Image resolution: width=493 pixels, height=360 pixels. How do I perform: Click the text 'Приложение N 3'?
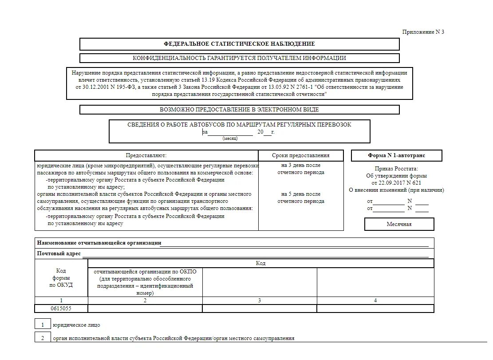click(x=423, y=32)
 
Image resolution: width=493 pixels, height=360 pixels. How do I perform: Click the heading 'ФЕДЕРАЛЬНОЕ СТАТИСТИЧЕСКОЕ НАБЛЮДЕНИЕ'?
click(x=239, y=44)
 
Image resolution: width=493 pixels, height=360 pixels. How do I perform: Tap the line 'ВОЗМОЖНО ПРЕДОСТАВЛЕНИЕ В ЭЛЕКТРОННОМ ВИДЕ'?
click(x=239, y=110)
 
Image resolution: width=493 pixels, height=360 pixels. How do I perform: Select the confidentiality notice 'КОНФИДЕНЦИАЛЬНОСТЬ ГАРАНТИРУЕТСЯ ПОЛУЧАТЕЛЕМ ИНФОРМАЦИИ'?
click(x=239, y=58)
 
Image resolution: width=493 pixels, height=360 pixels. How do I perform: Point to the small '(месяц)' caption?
click(x=230, y=138)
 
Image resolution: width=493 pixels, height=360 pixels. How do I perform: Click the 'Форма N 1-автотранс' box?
click(x=396, y=155)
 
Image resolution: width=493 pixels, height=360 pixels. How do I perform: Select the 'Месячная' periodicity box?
click(x=399, y=224)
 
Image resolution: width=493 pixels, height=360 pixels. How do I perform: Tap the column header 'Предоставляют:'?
click(x=146, y=155)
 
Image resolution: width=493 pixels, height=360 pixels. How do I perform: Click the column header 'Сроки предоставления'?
click(x=300, y=155)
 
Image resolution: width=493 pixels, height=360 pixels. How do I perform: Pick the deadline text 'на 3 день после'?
click(x=300, y=165)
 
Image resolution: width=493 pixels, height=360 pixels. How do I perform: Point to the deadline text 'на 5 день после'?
click(x=300, y=194)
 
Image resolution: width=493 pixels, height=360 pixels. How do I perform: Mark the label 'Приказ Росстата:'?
click(x=396, y=169)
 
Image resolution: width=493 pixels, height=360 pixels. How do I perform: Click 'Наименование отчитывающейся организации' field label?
click(x=99, y=243)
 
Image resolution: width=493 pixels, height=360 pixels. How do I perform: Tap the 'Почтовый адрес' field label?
click(x=59, y=253)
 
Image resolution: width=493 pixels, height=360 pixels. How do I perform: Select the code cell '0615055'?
click(x=61, y=309)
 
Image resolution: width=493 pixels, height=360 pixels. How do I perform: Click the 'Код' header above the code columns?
click(x=260, y=263)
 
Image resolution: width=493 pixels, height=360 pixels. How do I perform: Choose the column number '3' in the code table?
click(x=260, y=301)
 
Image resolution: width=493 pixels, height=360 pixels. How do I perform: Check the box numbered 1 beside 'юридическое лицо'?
click(x=43, y=324)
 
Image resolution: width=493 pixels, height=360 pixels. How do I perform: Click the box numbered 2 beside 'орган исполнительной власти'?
click(x=43, y=338)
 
